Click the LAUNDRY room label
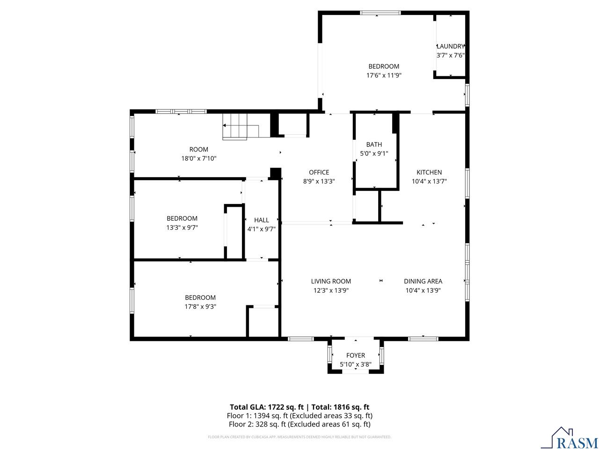[x=451, y=46]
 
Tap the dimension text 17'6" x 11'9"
[x=384, y=75]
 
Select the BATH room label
[x=374, y=145]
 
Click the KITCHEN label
[x=429, y=172]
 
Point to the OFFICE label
[x=319, y=172]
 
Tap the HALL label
[x=262, y=220]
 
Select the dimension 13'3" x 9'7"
[x=182, y=227]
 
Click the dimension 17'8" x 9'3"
[x=200, y=306]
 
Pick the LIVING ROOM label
[x=331, y=281]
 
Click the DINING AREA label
[x=423, y=281]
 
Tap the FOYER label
[x=356, y=355]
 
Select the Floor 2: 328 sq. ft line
[x=299, y=424]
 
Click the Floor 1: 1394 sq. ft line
[x=299, y=415]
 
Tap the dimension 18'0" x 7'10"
[x=199, y=159]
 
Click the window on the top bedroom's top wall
[x=380, y=13]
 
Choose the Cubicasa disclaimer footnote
[x=299, y=437]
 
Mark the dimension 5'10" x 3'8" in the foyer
[x=356, y=364]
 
